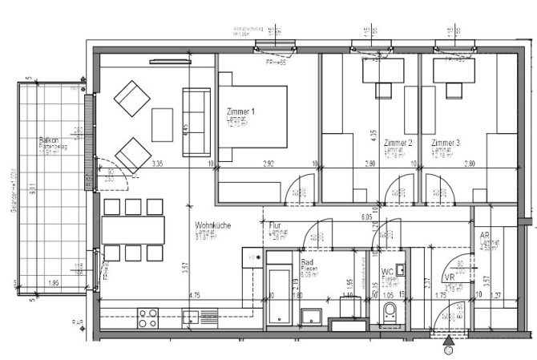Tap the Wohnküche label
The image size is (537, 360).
coord(212,226)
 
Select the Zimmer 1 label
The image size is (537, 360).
coord(241,112)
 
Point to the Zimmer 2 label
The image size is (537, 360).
coord(398,143)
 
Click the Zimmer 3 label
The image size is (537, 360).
coord(445,143)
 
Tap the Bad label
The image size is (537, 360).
coord(307,262)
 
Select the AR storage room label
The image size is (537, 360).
coord(485,237)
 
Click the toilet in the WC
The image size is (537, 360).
coord(391,315)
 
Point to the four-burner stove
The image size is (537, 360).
coord(149,318)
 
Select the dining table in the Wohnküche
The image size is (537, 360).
coord(133,229)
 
